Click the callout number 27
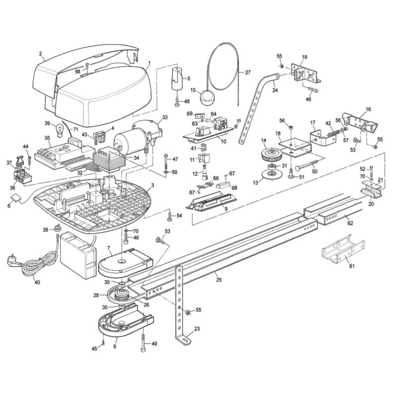248,72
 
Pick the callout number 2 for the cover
41,53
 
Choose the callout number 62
350,224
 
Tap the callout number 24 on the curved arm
275,90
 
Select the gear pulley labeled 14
271,154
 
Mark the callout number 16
368,109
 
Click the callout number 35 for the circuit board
47,138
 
